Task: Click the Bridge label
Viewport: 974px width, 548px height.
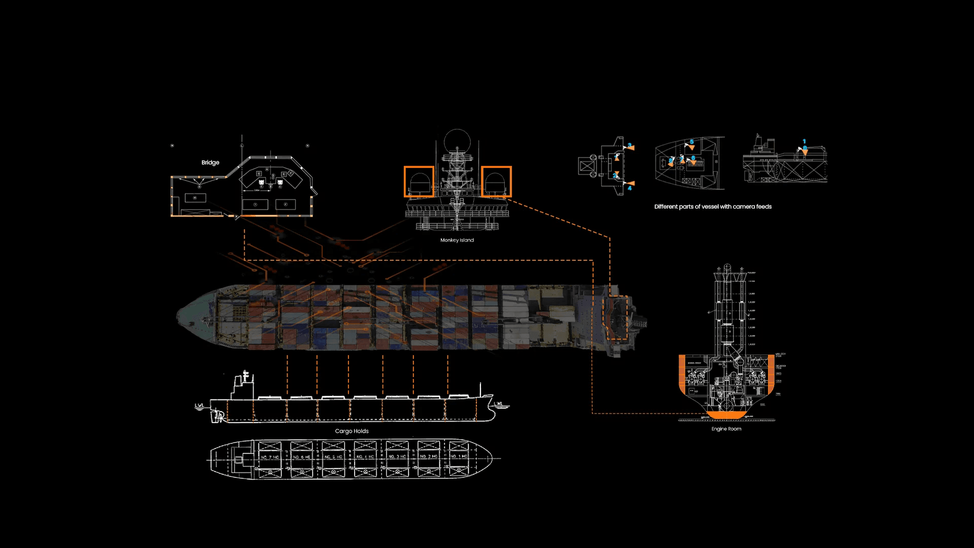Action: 210,162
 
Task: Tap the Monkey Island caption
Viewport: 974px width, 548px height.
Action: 457,240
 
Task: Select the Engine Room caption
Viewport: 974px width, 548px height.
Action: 726,429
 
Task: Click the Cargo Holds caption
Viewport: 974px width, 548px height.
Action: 352,431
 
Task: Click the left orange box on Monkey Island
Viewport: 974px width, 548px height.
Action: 419,182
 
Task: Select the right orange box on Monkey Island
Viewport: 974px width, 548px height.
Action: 496,182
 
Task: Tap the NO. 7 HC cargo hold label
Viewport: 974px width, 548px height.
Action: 270,457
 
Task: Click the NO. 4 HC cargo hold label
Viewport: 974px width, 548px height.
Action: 365,457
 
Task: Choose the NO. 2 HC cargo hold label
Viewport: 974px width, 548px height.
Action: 429,457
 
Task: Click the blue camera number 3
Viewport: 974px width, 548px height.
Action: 630,145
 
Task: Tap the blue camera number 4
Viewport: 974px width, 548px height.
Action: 630,188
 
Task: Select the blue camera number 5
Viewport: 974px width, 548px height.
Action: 691,142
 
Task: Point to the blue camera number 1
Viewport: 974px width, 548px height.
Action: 804,142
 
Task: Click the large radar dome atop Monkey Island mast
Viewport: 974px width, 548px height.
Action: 457,140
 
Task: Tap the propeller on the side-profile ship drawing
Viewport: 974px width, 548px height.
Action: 219,417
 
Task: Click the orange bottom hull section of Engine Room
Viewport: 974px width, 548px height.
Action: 726,415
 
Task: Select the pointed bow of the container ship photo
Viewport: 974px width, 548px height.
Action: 180,316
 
